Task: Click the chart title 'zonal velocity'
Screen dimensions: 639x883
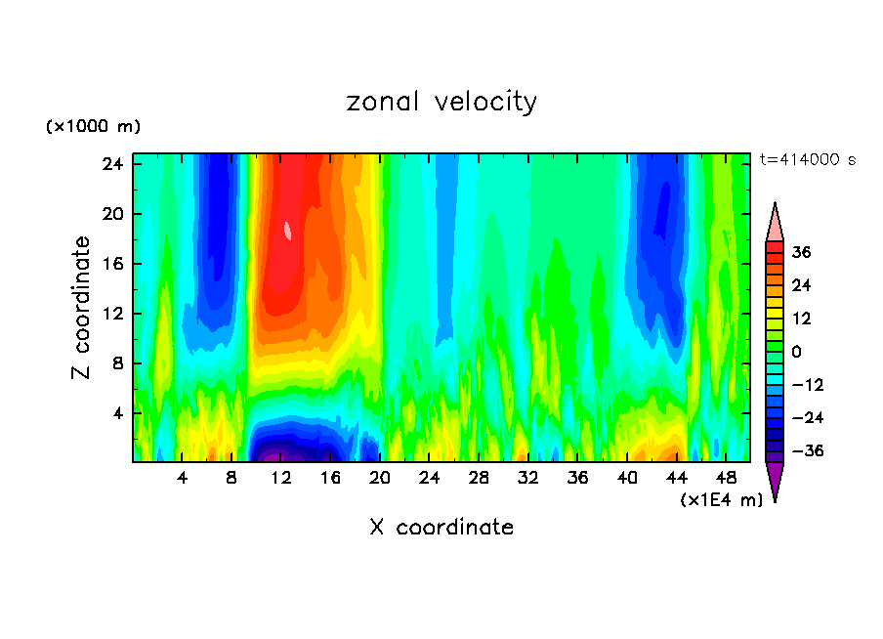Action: pos(441,102)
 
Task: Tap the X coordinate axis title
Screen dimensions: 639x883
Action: pos(441,528)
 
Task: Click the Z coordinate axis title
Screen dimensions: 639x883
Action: pos(82,308)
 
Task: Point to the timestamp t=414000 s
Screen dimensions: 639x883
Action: pos(807,160)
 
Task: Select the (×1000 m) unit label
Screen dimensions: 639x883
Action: pos(93,127)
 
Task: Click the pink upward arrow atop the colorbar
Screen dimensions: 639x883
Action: pos(775,223)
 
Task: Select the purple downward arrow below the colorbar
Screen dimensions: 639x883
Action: pos(775,481)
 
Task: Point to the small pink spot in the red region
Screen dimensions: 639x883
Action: pos(288,231)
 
